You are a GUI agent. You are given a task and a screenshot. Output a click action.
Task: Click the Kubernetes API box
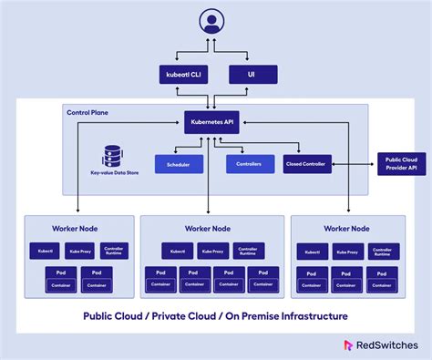click(x=213, y=121)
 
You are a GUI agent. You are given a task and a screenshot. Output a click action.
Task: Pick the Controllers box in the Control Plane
click(x=243, y=164)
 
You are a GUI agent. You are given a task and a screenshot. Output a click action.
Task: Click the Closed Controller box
click(x=306, y=164)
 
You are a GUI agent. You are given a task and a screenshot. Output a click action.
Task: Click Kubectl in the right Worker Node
click(x=313, y=250)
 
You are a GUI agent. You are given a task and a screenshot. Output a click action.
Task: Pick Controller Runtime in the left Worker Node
click(x=114, y=250)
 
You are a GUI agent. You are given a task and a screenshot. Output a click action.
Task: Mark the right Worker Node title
click(x=347, y=228)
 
